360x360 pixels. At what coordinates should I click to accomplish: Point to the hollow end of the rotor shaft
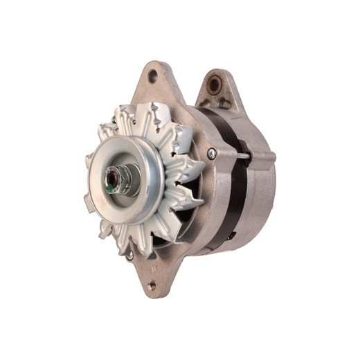[x=115, y=181]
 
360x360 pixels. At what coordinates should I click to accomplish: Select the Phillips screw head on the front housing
[x=212, y=153]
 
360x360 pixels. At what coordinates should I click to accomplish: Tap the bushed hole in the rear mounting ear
[x=215, y=85]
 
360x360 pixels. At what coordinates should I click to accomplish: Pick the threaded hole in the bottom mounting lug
[x=151, y=284]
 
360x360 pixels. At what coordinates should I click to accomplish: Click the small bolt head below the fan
[x=129, y=255]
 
